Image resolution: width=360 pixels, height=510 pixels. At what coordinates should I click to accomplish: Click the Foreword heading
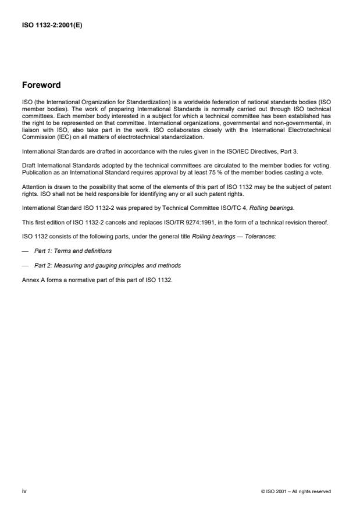tap(41, 85)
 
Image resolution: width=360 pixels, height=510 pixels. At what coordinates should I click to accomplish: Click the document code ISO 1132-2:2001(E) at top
tap(52, 25)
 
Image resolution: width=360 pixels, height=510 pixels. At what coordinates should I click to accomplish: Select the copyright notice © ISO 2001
tap(296, 491)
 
